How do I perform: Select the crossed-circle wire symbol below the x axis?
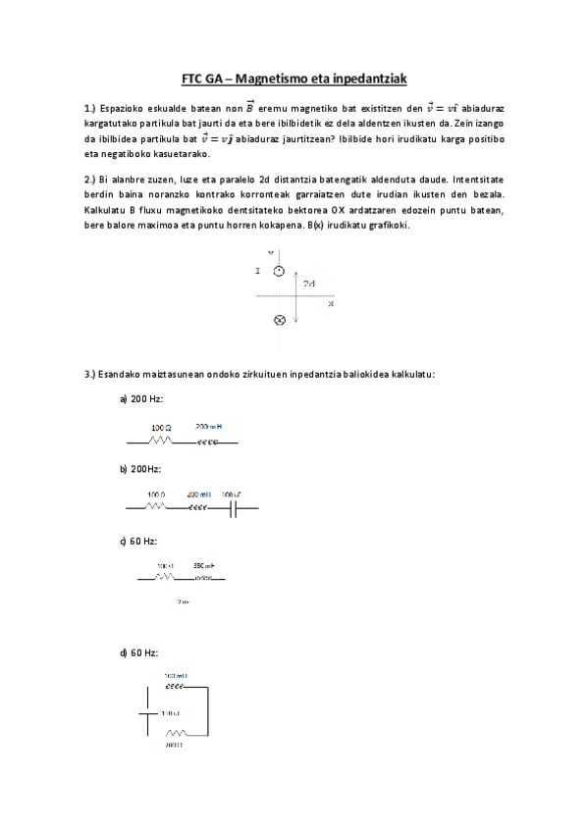pyautogui.click(x=279, y=320)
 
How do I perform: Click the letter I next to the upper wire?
pyautogui.click(x=257, y=271)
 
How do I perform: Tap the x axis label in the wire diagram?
pyautogui.click(x=331, y=304)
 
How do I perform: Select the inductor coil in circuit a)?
pyautogui.click(x=207, y=442)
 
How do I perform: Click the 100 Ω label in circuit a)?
pyautogui.click(x=161, y=428)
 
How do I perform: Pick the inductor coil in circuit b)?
pyautogui.click(x=197, y=508)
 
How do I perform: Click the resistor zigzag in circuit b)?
pyautogui.click(x=155, y=508)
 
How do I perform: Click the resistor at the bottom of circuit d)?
pyautogui.click(x=177, y=733)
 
